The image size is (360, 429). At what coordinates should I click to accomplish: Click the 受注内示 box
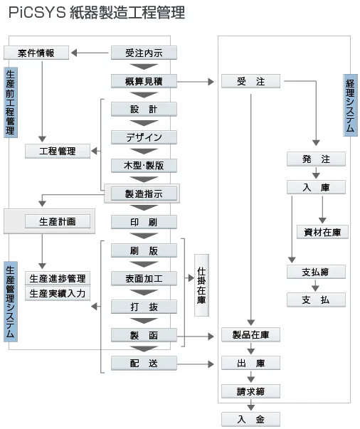click(144, 53)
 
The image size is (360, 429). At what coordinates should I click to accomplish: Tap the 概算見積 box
click(144, 81)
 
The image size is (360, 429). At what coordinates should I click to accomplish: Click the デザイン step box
click(144, 137)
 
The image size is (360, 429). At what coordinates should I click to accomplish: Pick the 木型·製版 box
click(144, 165)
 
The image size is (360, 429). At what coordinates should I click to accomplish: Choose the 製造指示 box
click(144, 193)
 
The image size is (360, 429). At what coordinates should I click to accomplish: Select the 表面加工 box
click(144, 278)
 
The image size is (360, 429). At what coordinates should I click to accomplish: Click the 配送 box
click(144, 363)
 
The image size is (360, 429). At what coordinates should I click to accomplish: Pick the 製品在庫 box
click(250, 334)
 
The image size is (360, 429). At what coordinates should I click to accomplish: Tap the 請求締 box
click(250, 391)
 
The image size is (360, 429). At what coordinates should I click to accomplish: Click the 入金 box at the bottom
click(250, 419)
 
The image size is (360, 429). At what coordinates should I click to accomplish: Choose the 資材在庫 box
click(322, 232)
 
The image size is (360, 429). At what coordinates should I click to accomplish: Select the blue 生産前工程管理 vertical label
click(10, 103)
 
